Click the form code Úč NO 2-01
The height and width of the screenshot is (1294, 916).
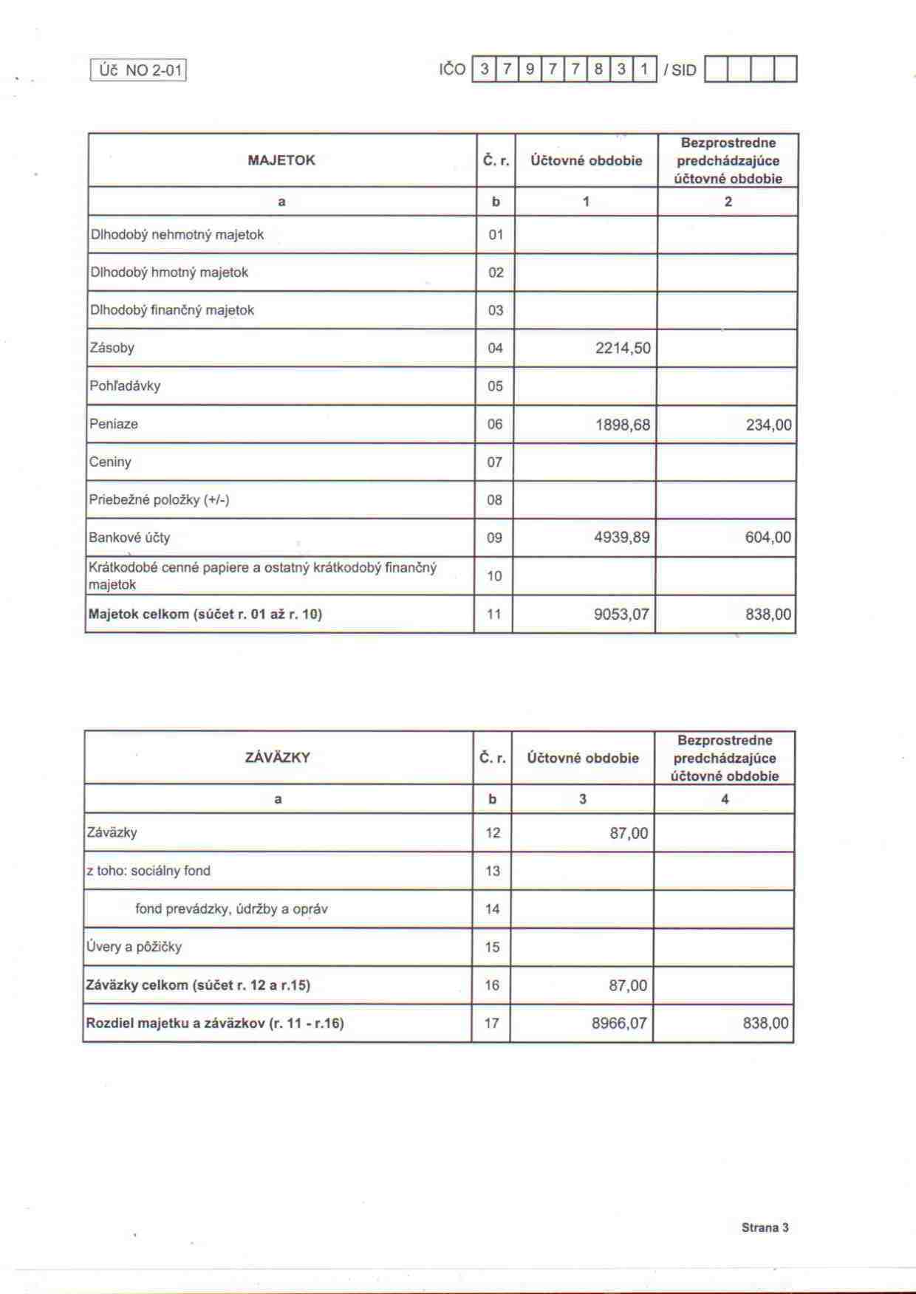(138, 70)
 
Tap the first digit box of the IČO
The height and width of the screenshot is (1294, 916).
(484, 69)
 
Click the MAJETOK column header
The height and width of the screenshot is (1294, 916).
(281, 160)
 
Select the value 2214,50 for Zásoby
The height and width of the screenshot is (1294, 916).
(623, 348)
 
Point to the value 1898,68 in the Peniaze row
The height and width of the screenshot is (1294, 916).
(623, 425)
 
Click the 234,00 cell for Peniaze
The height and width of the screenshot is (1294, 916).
(768, 425)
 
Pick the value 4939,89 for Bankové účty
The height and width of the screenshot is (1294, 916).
(622, 537)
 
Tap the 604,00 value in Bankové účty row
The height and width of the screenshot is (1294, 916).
(768, 537)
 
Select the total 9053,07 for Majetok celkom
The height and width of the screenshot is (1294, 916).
(621, 614)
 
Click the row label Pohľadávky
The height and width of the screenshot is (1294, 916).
(125, 386)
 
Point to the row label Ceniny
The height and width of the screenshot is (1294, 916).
(110, 462)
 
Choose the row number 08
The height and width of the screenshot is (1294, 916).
(494, 500)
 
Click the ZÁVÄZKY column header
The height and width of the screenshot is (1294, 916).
(277, 758)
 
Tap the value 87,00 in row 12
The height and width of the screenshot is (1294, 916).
(629, 833)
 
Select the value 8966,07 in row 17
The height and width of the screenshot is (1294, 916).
(619, 1023)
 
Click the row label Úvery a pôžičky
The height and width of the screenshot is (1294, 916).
(134, 947)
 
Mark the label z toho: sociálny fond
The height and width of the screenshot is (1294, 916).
(148, 871)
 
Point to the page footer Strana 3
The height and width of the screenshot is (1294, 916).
(765, 1228)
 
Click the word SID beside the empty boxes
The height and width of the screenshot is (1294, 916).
(684, 70)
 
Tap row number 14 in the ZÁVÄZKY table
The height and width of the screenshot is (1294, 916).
(493, 909)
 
